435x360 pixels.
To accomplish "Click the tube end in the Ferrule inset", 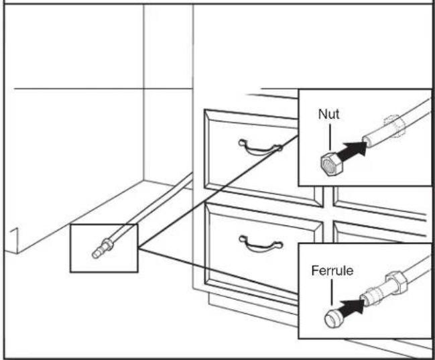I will coord(368,296).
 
